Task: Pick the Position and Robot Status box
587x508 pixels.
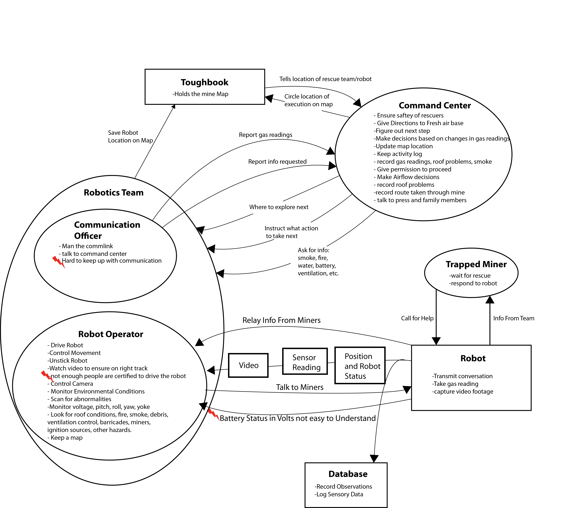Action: pos(360,365)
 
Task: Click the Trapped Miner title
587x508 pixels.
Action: pos(476,264)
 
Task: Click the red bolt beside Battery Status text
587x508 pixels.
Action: pos(214,414)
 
